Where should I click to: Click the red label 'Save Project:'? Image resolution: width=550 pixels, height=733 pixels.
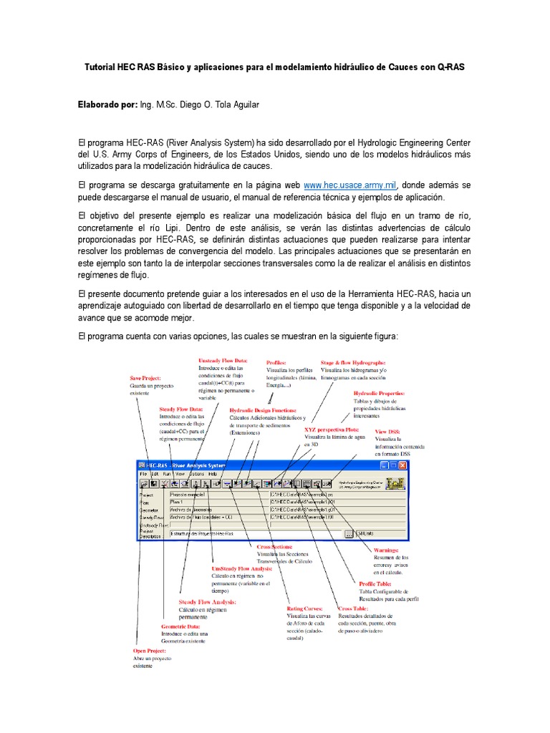coord(145,377)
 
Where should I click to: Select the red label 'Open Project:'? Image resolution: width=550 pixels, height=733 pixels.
coord(150,651)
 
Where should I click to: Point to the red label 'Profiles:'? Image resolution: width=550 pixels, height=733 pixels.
coord(276,363)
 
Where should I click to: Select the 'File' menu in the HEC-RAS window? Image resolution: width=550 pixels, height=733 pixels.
coord(143,474)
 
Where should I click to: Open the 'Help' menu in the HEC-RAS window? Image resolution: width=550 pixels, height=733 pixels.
coord(212,474)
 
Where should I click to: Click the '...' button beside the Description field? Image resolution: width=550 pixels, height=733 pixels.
coord(348,533)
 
